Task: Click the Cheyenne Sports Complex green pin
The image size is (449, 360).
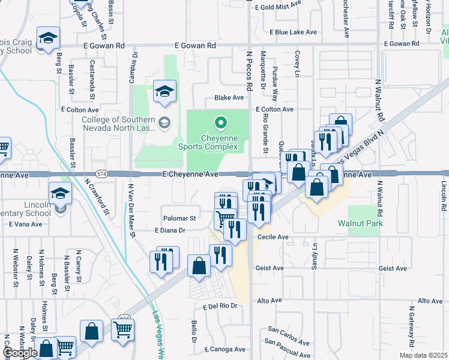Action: [220, 124]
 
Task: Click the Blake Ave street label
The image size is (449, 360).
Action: [229, 97]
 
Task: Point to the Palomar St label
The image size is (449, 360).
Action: [179, 218]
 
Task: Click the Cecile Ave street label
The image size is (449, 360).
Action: [273, 237]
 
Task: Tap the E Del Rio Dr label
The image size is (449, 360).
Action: [220, 305]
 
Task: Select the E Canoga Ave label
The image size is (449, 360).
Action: [224, 349]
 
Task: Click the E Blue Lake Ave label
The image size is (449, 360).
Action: [292, 32]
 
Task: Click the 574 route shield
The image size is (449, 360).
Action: [103, 174]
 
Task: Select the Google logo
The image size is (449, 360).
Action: [20, 353]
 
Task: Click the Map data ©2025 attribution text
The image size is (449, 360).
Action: [423, 355]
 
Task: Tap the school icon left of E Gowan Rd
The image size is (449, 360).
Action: [47, 39]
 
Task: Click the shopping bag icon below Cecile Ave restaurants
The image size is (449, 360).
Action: [199, 266]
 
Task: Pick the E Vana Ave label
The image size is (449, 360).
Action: [26, 224]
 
